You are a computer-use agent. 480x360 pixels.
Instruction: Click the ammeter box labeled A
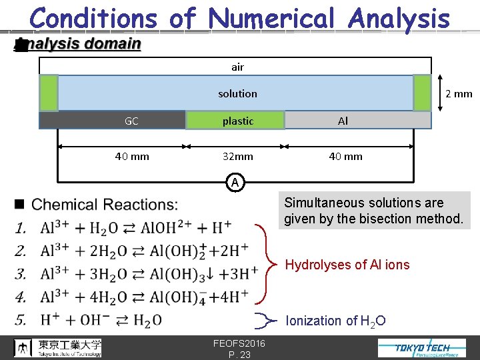tap(235, 181)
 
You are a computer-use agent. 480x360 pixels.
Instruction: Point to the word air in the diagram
tap(237, 67)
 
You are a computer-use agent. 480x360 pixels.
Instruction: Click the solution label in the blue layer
tap(237, 93)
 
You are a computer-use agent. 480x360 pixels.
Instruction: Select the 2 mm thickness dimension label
tap(459, 93)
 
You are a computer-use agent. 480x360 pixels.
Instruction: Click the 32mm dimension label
tap(238, 157)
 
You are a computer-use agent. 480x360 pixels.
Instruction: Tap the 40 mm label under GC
tap(132, 157)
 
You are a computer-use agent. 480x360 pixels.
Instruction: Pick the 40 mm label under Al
tap(345, 157)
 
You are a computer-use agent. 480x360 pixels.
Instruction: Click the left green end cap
tap(49, 93)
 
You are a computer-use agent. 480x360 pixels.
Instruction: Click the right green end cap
tap(422, 93)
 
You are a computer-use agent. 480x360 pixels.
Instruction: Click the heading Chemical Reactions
tap(105, 205)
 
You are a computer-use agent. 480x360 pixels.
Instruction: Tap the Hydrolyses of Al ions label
tap(347, 265)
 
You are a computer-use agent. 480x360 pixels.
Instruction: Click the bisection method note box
tap(373, 211)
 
